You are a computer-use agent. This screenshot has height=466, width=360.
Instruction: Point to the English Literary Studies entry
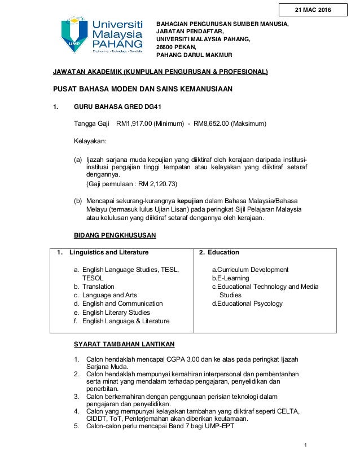point(116,313)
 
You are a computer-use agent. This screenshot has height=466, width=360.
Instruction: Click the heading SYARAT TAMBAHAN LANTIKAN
point(124,344)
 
